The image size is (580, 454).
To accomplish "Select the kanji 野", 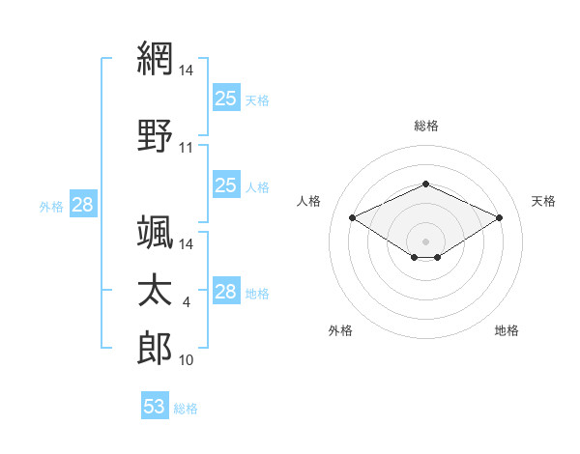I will pyautogui.click(x=155, y=134).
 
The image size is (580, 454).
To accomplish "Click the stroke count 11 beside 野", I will pyautogui.click(x=187, y=148).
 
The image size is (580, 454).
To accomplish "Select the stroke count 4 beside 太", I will pyautogui.click(x=187, y=303).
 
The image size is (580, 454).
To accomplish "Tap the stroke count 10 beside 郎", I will pyautogui.click(x=187, y=360).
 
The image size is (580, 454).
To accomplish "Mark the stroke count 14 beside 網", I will pyautogui.click(x=187, y=71).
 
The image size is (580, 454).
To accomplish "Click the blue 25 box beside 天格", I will pyautogui.click(x=226, y=98).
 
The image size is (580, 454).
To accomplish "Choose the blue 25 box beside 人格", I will pyautogui.click(x=226, y=185).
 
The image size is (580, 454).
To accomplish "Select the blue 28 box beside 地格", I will pyautogui.click(x=226, y=292).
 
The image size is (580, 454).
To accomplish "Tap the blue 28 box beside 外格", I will pyautogui.click(x=82, y=205).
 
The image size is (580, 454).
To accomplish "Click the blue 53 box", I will pyautogui.click(x=155, y=407).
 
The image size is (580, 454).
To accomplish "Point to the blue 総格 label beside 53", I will pyautogui.click(x=186, y=409).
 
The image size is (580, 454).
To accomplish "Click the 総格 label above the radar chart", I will pyautogui.click(x=426, y=126).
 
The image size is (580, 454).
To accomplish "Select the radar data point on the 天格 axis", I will pyautogui.click(x=499, y=217).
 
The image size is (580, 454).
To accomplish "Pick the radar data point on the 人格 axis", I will pyautogui.click(x=352, y=217).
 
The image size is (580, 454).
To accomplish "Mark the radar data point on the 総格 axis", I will pyautogui.click(x=426, y=184).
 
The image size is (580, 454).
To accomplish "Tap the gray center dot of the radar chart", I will pyautogui.click(x=426, y=241).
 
